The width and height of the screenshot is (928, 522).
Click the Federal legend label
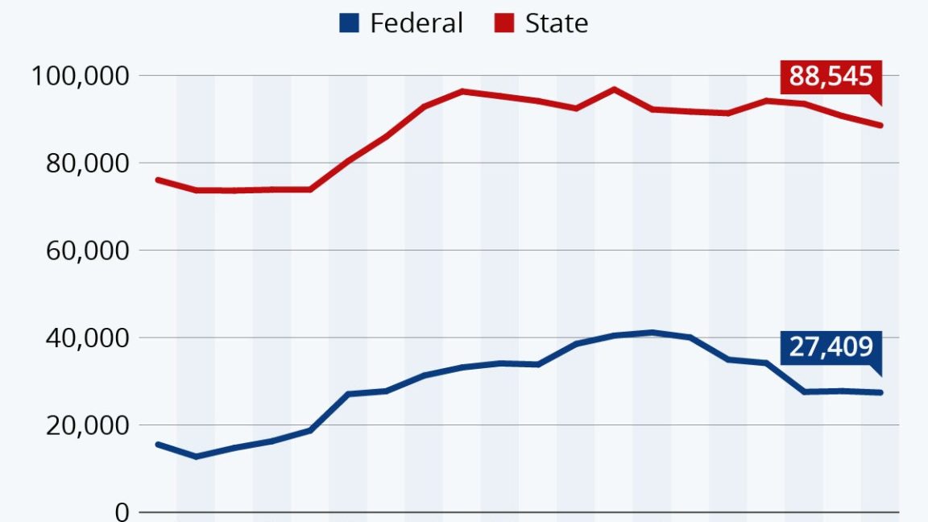tap(416, 23)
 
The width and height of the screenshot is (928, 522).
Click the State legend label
tap(556, 23)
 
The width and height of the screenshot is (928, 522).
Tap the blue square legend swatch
tap(349, 23)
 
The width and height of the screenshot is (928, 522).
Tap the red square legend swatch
tap(504, 23)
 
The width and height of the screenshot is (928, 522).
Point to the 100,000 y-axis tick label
tap(79, 77)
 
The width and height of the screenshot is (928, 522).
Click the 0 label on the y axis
tap(122, 512)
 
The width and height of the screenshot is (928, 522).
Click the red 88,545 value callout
tap(831, 77)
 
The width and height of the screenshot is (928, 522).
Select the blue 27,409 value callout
tap(831, 347)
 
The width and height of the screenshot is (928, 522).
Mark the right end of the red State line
tap(881, 125)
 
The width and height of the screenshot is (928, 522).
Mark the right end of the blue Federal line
tap(881, 392)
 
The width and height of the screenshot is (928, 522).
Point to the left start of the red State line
tap(157, 180)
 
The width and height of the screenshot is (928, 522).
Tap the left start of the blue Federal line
tap(157, 444)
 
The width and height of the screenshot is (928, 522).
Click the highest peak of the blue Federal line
tap(652, 332)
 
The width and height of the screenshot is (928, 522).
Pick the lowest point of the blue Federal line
tap(195, 457)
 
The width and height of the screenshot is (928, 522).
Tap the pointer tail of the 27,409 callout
tap(879, 371)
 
